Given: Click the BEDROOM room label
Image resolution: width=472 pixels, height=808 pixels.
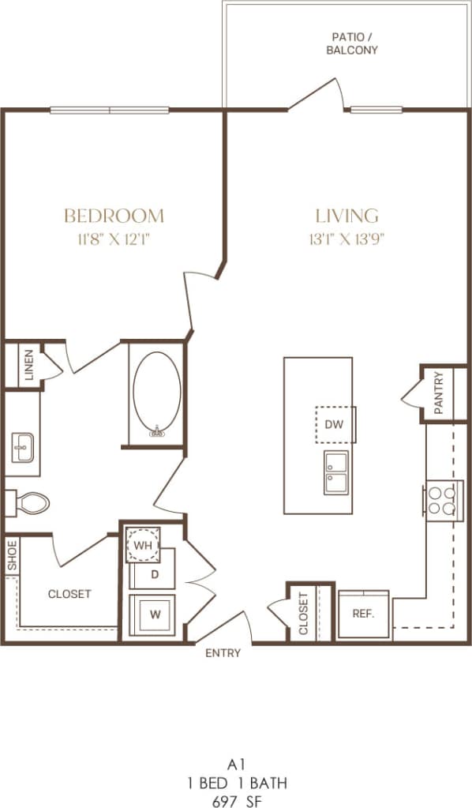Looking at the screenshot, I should (114, 215).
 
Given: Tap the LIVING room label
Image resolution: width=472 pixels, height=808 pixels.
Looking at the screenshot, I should (347, 215).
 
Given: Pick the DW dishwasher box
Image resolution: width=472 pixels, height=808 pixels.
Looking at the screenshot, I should (335, 424).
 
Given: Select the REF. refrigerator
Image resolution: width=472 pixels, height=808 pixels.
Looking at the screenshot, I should (363, 613).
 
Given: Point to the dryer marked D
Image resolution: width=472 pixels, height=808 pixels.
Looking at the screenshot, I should (155, 574).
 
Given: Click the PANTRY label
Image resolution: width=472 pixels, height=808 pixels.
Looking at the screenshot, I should (439, 393).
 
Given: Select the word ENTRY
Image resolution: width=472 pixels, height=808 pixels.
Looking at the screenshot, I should (223, 653).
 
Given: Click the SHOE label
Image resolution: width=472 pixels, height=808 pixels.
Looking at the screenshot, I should (12, 555).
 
